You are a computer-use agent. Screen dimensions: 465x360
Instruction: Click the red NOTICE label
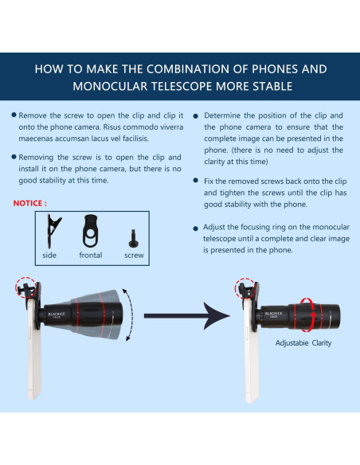29,203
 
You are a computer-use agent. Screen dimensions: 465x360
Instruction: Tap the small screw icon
133,236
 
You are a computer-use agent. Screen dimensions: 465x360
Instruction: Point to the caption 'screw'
134,256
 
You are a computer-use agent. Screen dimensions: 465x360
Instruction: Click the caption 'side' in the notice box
49,256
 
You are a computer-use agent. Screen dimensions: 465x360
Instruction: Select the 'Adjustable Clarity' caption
303,343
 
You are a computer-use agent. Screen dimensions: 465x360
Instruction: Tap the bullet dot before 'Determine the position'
195,115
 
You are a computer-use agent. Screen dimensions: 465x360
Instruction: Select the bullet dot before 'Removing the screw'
14,158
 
